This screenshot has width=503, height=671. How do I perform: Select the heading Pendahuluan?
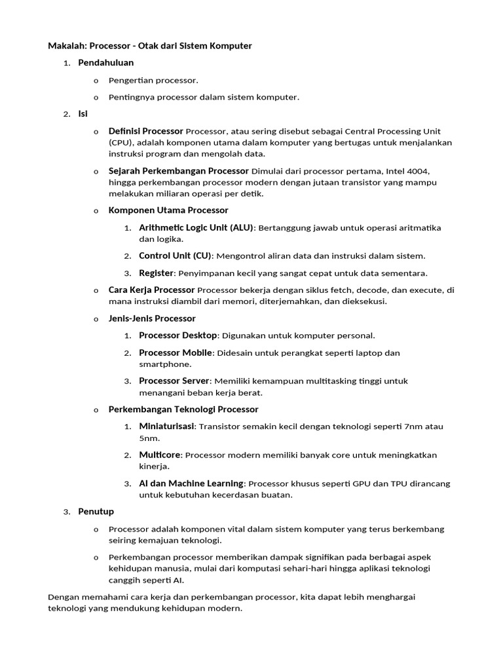tap(105, 63)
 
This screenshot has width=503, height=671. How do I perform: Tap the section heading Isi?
tap(83, 113)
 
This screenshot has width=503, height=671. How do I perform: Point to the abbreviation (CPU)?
tap(121, 142)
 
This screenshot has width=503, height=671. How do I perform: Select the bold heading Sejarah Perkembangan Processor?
tap(178, 171)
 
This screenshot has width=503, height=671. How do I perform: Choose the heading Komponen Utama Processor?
tap(168, 210)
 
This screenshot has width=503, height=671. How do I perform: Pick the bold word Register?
tap(156, 273)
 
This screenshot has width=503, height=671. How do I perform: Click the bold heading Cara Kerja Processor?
tap(151, 290)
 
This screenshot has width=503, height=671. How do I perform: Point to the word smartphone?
tap(165, 364)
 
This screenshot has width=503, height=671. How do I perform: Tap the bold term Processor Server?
tap(174, 381)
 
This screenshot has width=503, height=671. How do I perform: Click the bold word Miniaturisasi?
tap(166, 427)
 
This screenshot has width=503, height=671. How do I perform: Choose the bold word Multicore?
tap(159, 455)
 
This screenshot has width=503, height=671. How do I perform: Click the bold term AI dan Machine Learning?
tap(191, 484)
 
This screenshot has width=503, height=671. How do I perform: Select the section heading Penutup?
tap(96, 511)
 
